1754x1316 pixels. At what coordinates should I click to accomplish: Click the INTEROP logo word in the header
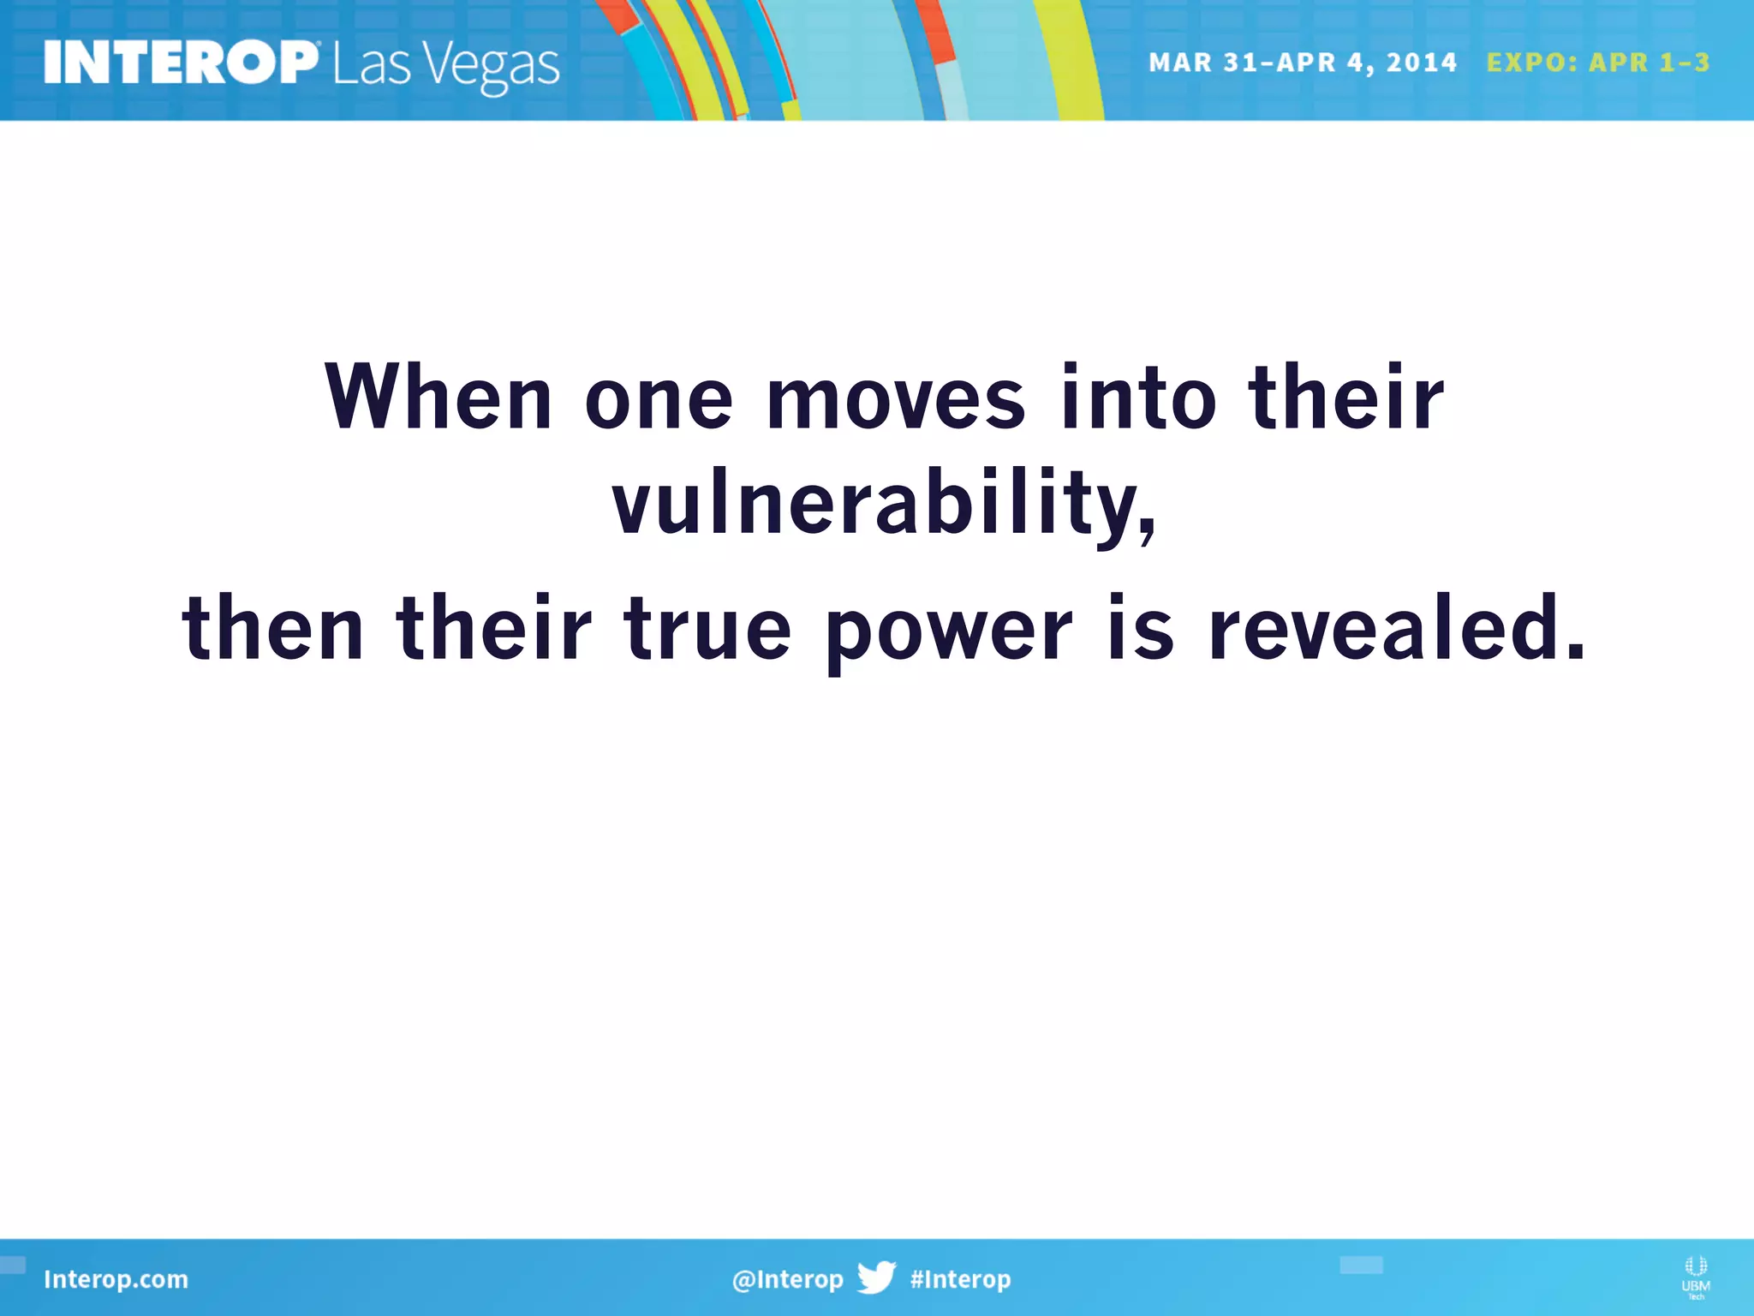tap(180, 63)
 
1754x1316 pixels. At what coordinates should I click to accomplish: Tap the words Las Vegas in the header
tap(445, 66)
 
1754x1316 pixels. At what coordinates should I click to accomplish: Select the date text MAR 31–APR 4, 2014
tap(1302, 63)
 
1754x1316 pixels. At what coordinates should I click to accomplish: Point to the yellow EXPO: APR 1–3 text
tap(1597, 63)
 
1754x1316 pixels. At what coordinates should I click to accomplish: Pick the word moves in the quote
tap(895, 399)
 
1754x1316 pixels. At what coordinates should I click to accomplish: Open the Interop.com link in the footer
tap(116, 1279)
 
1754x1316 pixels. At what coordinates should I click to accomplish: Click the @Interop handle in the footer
tap(787, 1279)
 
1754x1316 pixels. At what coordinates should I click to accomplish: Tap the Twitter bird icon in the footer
tap(876, 1277)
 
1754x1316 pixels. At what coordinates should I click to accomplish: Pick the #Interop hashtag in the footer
tap(960, 1279)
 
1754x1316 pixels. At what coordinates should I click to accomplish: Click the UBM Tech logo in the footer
tap(1695, 1277)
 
